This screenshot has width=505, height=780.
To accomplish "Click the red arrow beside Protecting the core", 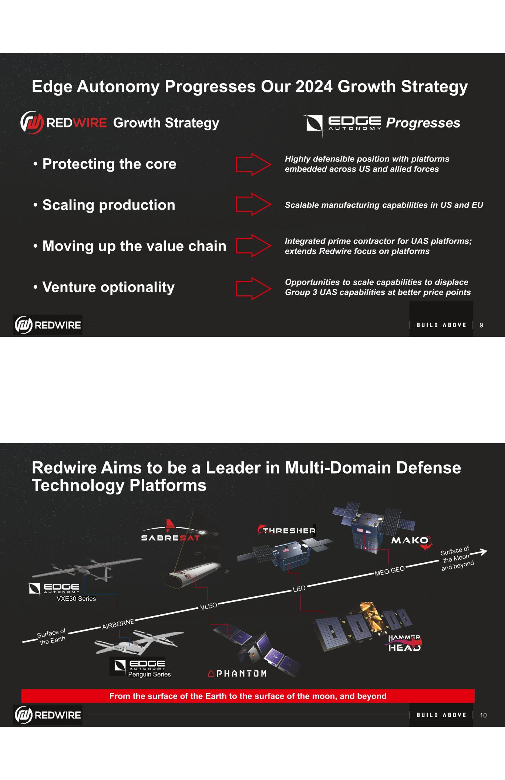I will click(253, 164).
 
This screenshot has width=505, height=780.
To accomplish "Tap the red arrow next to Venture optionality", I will click(253, 288).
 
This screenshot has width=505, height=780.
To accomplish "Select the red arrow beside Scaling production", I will click(253, 204).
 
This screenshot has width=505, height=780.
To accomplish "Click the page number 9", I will click(481, 325).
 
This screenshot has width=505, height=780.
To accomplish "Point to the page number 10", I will click(483, 715).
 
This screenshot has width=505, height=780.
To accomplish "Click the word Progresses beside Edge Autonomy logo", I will click(423, 123).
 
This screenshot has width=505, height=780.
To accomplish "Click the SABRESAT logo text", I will click(170, 538).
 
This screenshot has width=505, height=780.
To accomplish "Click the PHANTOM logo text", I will click(237, 674).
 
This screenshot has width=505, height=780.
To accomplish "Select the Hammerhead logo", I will click(404, 643).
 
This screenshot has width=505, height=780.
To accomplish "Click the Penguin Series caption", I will click(149, 674).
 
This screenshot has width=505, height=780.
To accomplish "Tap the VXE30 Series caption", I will click(76, 598).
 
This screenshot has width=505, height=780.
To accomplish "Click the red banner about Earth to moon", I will click(248, 696).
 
